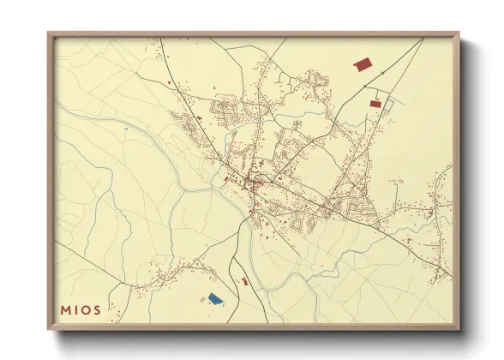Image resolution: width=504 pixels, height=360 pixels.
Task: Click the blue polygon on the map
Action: pyautogui.click(x=214, y=298)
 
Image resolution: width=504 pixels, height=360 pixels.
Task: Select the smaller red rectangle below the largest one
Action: pyautogui.click(x=375, y=104)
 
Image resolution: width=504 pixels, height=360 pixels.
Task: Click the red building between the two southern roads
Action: pyautogui.click(x=244, y=281)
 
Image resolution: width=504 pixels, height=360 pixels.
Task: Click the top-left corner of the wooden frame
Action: pyautogui.click(x=48, y=33)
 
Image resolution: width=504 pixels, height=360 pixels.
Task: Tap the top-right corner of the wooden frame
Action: pyautogui.click(x=459, y=33)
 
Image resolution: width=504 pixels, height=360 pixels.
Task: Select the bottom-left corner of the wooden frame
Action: pyautogui.click(x=48, y=330)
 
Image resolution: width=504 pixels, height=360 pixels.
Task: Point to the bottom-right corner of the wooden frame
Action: pyautogui.click(x=459, y=330)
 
